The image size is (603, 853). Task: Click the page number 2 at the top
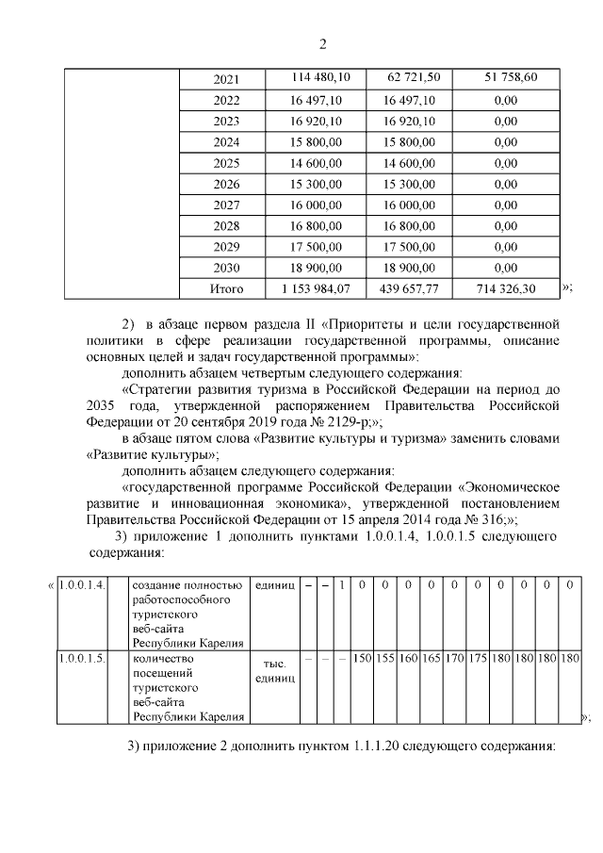point(322,44)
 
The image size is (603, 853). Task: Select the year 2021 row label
point(227,78)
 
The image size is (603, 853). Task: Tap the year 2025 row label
point(227,163)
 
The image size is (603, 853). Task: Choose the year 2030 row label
point(227,268)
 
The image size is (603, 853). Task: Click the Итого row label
point(227,288)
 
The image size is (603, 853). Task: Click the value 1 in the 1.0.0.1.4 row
point(342,585)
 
